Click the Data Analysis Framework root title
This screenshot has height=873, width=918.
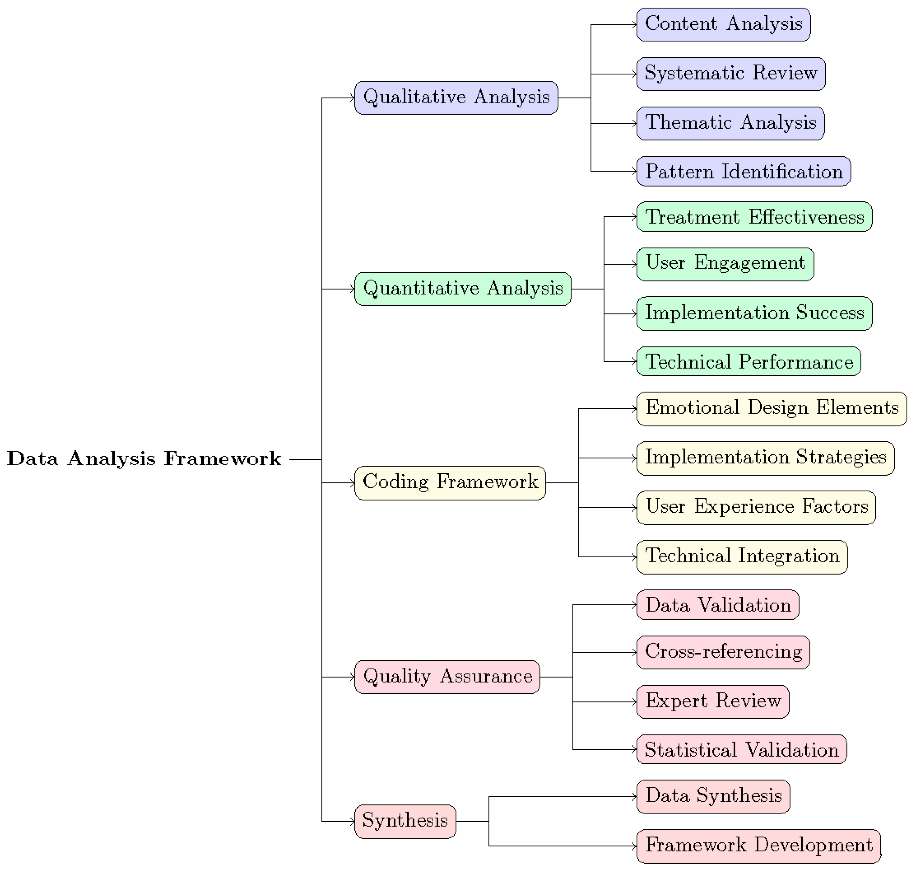tap(144, 459)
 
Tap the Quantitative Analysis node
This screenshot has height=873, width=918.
tap(462, 289)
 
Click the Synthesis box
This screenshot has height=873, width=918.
tap(405, 821)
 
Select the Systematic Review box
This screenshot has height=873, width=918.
tap(730, 74)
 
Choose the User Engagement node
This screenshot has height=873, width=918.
tap(725, 264)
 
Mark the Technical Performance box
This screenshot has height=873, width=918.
tap(748, 361)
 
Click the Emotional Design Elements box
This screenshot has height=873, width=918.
tap(771, 409)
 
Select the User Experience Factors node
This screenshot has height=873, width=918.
tap(756, 507)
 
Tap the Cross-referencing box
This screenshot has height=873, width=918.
tap(723, 652)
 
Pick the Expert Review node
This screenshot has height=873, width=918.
tap(712, 701)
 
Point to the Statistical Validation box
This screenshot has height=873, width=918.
tap(741, 750)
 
